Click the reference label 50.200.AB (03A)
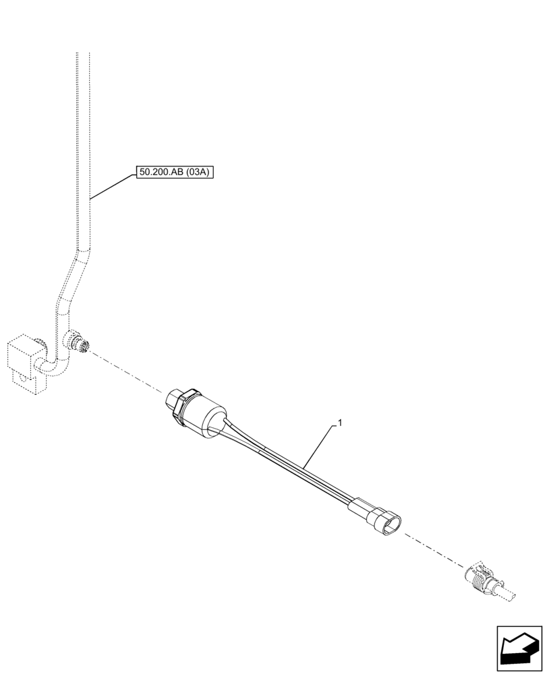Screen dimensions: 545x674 175,173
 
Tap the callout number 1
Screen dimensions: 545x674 341,424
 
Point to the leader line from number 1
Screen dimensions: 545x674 319,446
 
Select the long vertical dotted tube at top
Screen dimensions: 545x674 82,135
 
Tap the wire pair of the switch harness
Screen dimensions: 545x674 290,464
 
